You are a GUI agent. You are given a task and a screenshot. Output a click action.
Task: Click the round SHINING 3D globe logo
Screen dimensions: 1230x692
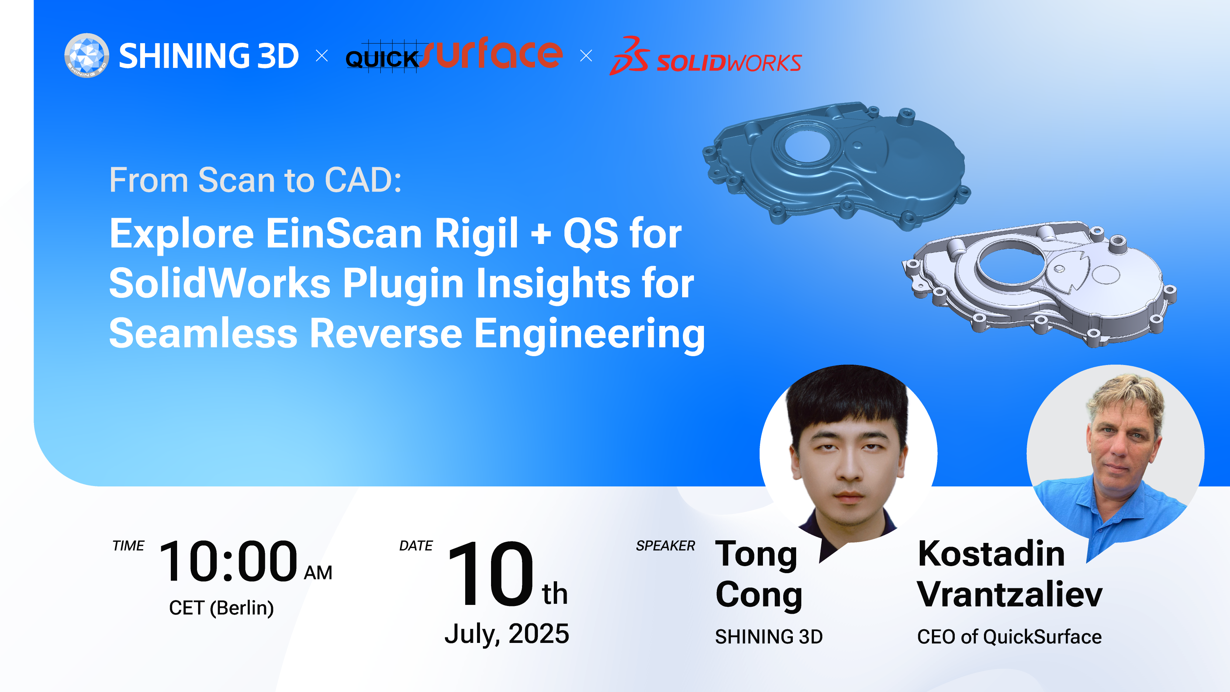tap(86, 55)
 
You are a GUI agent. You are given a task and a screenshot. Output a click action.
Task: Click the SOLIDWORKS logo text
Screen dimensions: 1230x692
tap(729, 63)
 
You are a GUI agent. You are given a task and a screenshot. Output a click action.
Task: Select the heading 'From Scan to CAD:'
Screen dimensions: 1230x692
tap(255, 180)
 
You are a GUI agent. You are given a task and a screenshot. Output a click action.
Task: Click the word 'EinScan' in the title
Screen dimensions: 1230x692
tap(344, 234)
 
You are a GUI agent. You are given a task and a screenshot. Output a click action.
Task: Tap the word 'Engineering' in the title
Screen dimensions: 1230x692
tap(589, 334)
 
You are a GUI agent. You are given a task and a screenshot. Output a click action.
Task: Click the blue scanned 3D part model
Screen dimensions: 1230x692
tap(836, 162)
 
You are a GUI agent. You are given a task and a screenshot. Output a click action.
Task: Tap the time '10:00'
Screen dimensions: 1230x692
tap(228, 561)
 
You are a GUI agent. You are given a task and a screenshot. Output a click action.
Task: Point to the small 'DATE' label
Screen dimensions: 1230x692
tap(416, 545)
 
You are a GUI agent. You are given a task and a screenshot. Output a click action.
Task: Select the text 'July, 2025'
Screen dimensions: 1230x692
tap(507, 634)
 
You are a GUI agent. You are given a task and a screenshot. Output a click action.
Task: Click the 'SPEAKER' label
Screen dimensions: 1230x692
tap(665, 545)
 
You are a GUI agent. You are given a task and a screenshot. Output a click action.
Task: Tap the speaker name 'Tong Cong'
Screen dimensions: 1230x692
tap(759, 575)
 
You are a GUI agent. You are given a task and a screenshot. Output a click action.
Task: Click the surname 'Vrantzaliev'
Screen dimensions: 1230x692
tap(1010, 595)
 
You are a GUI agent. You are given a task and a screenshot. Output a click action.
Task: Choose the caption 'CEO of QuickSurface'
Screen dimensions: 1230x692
tap(1009, 637)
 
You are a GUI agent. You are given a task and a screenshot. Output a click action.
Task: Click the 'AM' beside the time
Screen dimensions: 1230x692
tap(318, 573)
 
